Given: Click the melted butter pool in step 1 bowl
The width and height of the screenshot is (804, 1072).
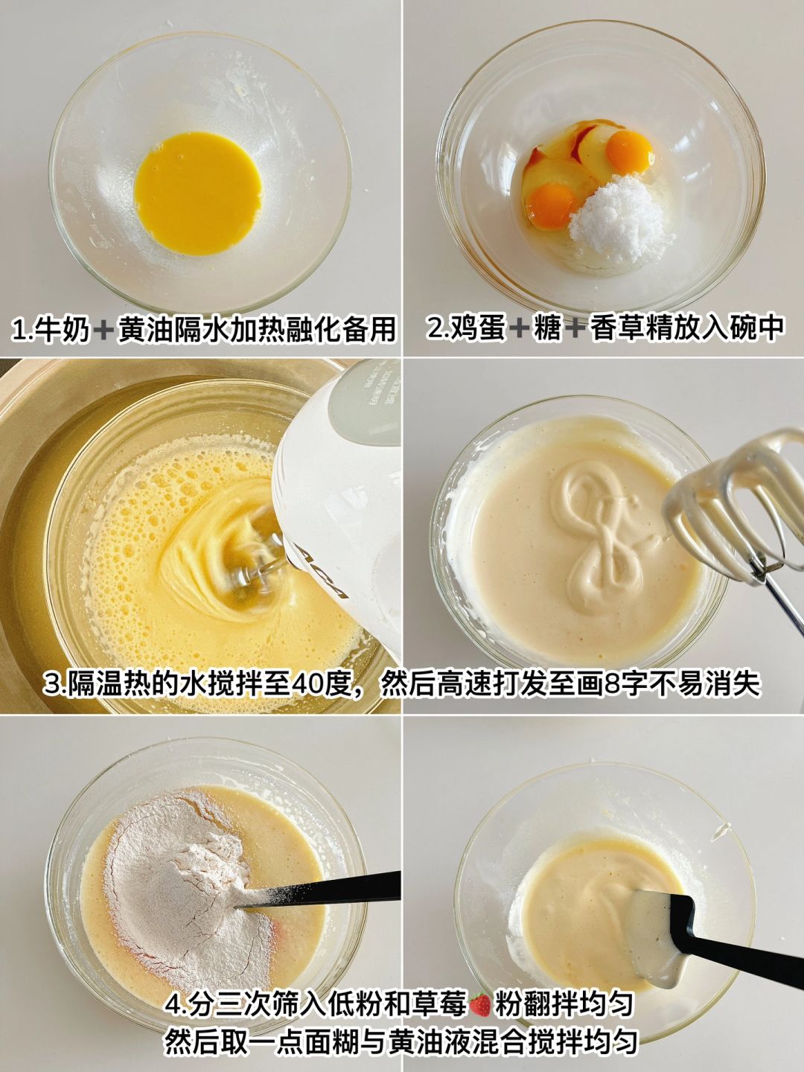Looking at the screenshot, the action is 198,193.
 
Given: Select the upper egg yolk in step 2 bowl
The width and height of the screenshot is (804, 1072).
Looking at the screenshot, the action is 630,153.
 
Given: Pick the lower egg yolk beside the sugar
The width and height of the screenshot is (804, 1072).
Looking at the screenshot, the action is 553,205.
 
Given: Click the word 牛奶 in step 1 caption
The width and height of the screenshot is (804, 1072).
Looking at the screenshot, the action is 67,329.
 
